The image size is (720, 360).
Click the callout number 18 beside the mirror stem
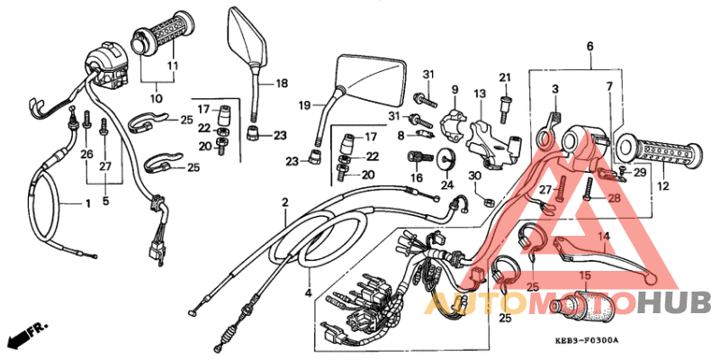coord(282,84)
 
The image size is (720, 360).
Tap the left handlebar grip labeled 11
coord(164,41)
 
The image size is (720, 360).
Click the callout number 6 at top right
coord(590,46)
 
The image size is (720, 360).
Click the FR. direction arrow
coord(27,337)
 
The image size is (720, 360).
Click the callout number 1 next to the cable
coord(88,203)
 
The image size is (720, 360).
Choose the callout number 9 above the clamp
coord(454,89)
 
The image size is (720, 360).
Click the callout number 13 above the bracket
coord(480,94)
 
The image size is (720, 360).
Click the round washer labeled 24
coord(445,162)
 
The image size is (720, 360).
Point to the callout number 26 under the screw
coord(86,155)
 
